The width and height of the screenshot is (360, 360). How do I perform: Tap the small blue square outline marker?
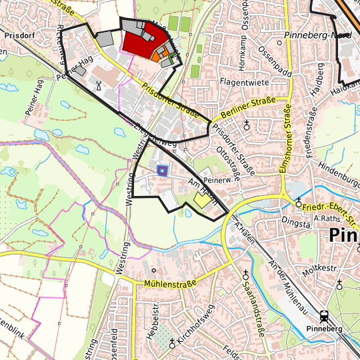161,170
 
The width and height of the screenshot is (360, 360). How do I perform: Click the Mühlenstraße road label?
169,284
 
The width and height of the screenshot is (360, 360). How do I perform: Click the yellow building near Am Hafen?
201,199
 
